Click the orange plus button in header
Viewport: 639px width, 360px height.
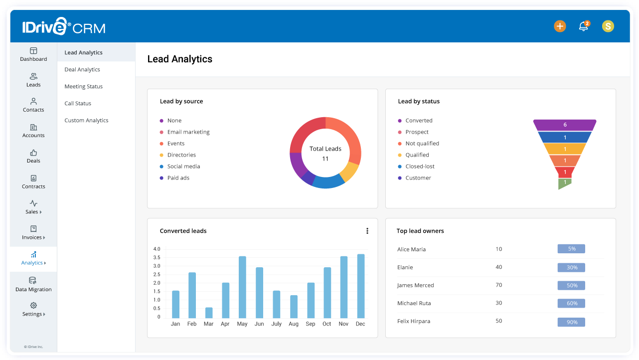tap(560, 26)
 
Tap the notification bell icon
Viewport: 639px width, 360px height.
tap(583, 26)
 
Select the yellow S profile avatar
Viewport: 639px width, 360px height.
tap(608, 26)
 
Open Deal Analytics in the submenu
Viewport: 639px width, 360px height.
tap(82, 70)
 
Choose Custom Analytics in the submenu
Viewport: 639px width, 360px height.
tap(86, 121)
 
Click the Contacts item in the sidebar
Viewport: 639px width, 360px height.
tap(33, 105)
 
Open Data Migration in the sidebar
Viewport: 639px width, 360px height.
tap(33, 284)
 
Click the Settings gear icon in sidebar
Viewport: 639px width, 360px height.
tap(33, 305)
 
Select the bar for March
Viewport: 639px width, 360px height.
tap(209, 313)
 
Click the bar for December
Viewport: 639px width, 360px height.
tap(360, 286)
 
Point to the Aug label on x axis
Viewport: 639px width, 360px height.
tap(294, 324)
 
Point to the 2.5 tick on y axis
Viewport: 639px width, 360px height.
tap(157, 275)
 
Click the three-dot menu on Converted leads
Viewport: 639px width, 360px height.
tap(367, 231)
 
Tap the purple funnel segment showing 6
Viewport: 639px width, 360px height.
tap(565, 125)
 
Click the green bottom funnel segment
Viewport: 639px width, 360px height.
tap(564, 183)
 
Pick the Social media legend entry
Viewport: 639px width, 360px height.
tap(183, 167)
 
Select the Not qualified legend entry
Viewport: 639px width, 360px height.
tap(422, 144)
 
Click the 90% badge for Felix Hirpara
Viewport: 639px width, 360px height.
tap(571, 322)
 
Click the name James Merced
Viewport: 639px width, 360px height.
tap(415, 286)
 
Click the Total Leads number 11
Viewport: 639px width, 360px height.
tap(325, 159)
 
